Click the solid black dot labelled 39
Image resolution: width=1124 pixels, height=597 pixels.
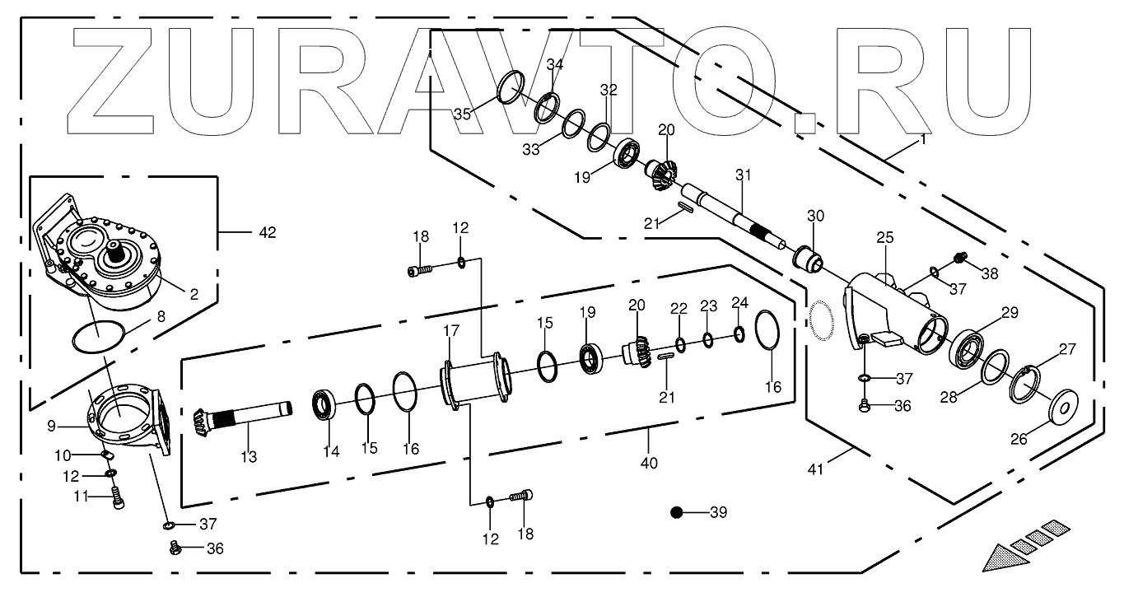pyautogui.click(x=677, y=512)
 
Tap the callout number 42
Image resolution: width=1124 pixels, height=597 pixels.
pyautogui.click(x=268, y=233)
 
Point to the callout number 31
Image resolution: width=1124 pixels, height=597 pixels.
pyautogui.click(x=744, y=175)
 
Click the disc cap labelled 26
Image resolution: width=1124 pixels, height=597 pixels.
pyautogui.click(x=1065, y=406)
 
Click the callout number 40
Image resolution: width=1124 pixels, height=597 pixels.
pyautogui.click(x=649, y=463)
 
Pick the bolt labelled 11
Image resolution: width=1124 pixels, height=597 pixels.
pyautogui.click(x=117, y=497)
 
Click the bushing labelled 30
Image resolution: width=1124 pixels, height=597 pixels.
pyautogui.click(x=808, y=257)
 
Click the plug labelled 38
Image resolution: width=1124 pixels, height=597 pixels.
pyautogui.click(x=958, y=259)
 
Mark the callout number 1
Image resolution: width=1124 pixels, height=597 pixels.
pyautogui.click(x=923, y=139)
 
